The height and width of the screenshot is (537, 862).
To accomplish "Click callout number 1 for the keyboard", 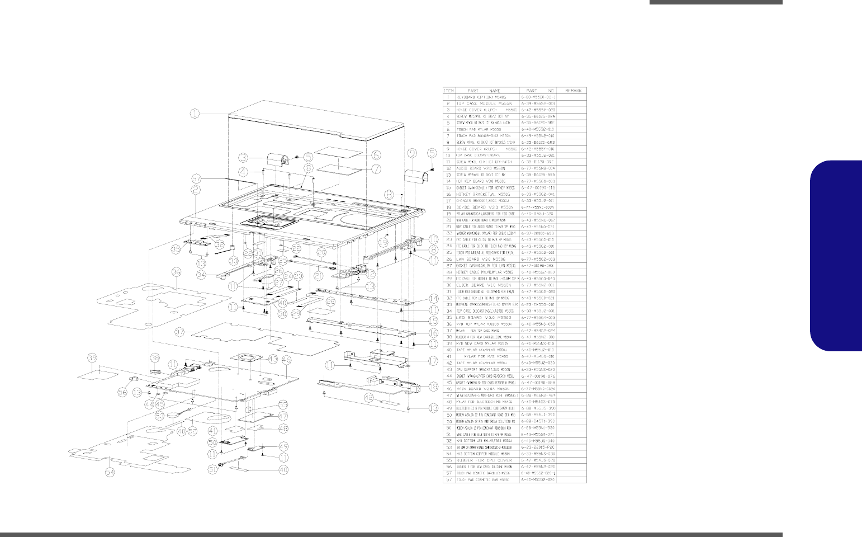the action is [x=194, y=114].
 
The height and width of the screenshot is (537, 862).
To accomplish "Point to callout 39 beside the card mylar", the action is [x=93, y=357].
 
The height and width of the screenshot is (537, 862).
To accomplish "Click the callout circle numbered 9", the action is [x=412, y=152].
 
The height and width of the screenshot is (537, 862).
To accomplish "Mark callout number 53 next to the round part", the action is [x=159, y=416].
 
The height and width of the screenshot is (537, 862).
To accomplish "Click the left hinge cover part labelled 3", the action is [x=277, y=159].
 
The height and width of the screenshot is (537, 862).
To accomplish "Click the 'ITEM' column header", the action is [x=449, y=91].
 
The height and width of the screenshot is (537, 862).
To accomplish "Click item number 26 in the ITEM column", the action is [x=449, y=259].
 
